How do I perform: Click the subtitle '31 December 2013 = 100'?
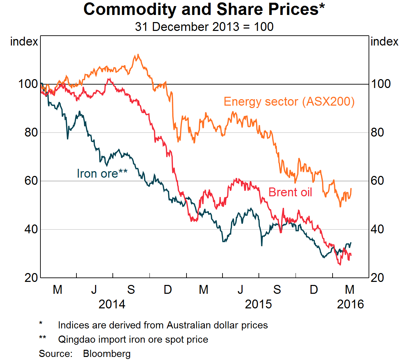pyautogui.click(x=204, y=27)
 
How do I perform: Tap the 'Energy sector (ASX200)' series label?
pyautogui.click(x=289, y=102)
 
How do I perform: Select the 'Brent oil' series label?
pyautogui.click(x=290, y=192)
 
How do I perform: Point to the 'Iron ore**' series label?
pyautogui.click(x=102, y=173)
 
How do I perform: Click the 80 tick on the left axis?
pyautogui.click(x=31, y=132)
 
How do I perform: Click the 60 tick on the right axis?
pyautogui.click(x=377, y=181)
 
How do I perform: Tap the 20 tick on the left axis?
pyautogui.click(x=31, y=277)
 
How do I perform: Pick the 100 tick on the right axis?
pyautogui.click(x=380, y=84)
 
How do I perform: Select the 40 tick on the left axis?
pyautogui.click(x=31, y=229)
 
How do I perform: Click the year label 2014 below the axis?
pyautogui.click(x=112, y=304)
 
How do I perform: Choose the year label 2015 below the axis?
pyautogui.click(x=258, y=304)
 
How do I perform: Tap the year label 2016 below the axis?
pyautogui.click(x=350, y=304)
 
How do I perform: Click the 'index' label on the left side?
pyautogui.click(x=24, y=42)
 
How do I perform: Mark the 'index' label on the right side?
pyautogui.click(x=384, y=42)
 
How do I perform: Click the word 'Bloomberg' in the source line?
pyautogui.click(x=107, y=354)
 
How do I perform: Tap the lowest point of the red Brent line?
pyautogui.click(x=340, y=265)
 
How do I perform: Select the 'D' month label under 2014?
pyautogui.click(x=167, y=290)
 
